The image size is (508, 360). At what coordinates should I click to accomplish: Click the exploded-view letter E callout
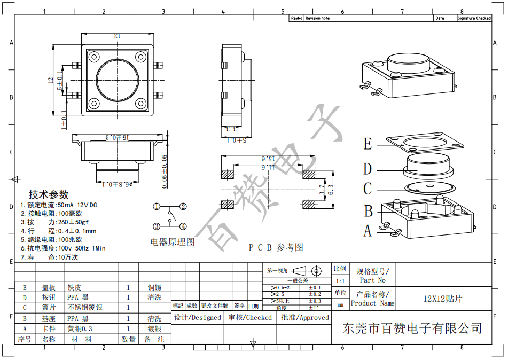tap(368, 144)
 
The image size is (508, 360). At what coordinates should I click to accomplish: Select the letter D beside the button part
tap(368, 169)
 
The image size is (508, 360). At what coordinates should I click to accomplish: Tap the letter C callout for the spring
tap(368, 189)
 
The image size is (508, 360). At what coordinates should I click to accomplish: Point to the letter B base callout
tap(368, 211)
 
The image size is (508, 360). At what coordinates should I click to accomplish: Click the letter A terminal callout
tap(368, 231)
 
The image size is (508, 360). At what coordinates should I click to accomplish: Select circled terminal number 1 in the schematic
tap(157, 207)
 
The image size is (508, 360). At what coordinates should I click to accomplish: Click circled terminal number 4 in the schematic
tap(183, 226)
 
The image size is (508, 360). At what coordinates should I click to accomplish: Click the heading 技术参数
tap(49, 194)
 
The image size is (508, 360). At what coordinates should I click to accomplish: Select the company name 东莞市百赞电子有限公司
tap(412, 328)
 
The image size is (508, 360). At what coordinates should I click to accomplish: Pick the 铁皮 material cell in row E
tap(74, 287)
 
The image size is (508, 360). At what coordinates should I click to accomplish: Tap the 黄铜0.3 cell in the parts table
tap(80, 329)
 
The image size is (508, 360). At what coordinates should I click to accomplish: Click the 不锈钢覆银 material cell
tap(85, 308)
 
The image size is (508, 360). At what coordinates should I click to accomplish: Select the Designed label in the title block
tap(198, 317)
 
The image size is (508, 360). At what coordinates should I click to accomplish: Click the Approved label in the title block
tap(304, 317)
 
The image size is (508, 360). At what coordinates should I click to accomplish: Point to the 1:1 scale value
tap(340, 281)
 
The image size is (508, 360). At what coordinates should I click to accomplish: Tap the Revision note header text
tap(317, 18)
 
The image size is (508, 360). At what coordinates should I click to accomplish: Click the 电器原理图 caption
tap(173, 242)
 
